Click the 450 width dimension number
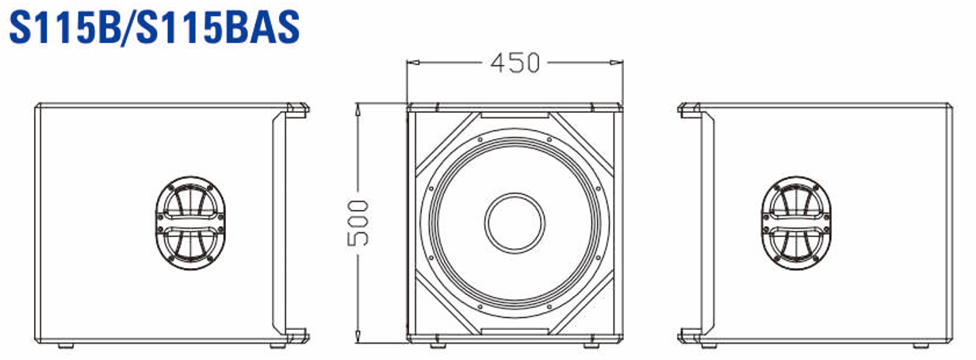click(515, 63)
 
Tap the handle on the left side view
click(190, 222)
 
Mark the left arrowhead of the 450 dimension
click(411, 62)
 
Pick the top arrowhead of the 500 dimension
click(359, 107)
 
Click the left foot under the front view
click(438, 345)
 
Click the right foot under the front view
click(591, 345)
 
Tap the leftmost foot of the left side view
click(65, 345)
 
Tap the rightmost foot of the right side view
click(921, 345)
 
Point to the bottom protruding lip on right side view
click(688, 335)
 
